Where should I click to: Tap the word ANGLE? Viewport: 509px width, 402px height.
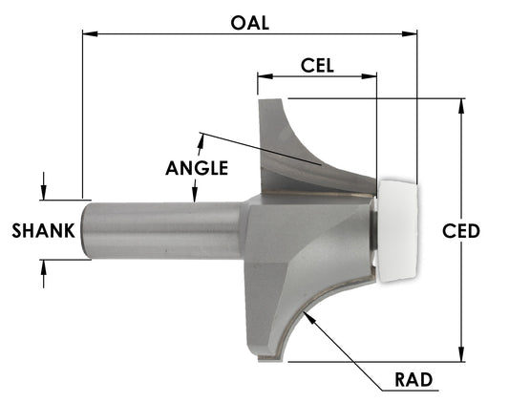(197, 168)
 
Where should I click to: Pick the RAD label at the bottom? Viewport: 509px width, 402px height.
(414, 380)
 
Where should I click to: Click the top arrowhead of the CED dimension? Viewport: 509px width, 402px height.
(462, 105)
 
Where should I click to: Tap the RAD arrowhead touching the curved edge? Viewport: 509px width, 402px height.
(307, 314)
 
